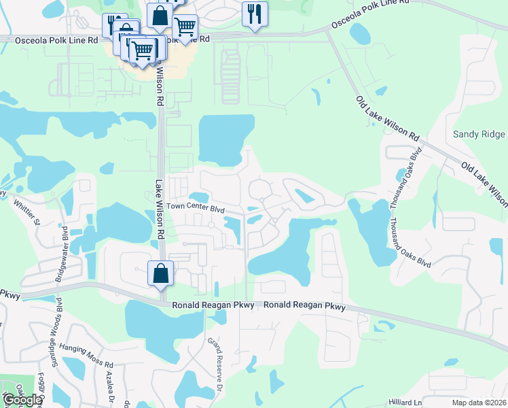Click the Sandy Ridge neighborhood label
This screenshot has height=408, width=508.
(479, 135)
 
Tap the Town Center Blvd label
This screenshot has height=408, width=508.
(196, 207)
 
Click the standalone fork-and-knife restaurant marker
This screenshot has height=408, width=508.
(255, 14)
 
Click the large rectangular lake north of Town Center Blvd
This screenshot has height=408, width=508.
(225, 140)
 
